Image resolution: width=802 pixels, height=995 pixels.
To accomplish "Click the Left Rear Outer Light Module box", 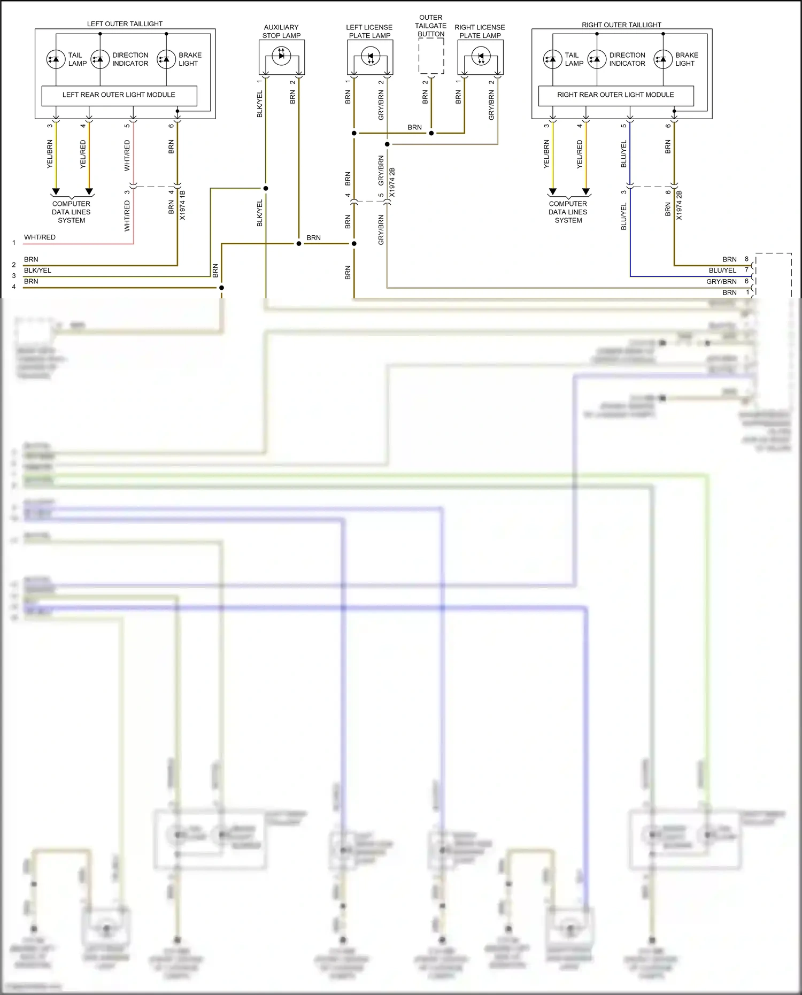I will click(119, 95).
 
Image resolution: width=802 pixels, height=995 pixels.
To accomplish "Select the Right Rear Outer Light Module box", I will click(615, 95).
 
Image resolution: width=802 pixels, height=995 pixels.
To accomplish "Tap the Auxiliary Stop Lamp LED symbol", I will click(282, 55).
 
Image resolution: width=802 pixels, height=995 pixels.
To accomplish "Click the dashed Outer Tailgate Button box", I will click(431, 56).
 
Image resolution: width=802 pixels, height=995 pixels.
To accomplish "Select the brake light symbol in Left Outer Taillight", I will click(166, 59).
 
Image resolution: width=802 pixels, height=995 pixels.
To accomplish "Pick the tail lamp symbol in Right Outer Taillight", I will click(552, 59).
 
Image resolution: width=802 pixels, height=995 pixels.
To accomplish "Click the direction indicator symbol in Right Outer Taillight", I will click(597, 59).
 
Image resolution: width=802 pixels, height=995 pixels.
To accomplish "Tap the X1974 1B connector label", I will click(182, 205).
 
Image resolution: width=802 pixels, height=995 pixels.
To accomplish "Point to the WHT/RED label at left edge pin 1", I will click(40, 237).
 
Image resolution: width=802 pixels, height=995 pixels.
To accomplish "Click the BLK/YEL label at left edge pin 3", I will click(37, 270).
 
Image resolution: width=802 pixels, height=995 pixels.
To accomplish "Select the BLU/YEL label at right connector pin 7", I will click(722, 270).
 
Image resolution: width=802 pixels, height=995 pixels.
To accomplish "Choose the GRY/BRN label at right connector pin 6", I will click(721, 281).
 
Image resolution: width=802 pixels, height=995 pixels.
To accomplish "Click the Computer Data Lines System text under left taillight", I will click(71, 212).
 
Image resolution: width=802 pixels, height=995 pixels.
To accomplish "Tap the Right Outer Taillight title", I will click(621, 25).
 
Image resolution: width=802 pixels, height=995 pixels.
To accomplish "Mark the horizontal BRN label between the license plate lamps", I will click(414, 127).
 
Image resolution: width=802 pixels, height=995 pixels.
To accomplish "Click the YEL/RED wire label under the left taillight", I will click(83, 155).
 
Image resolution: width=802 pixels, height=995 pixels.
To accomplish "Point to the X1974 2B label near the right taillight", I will click(679, 205).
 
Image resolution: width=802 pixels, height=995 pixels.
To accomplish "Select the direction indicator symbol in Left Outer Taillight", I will click(100, 59).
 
